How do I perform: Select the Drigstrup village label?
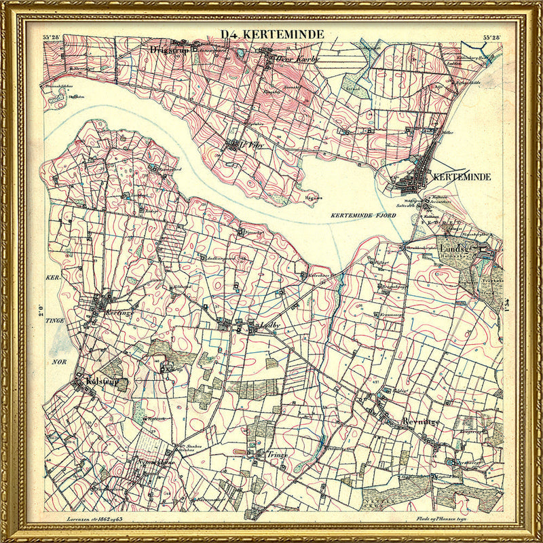[168, 50]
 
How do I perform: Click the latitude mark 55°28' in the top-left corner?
[52, 37]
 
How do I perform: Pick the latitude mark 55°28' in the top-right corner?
[491, 37]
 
